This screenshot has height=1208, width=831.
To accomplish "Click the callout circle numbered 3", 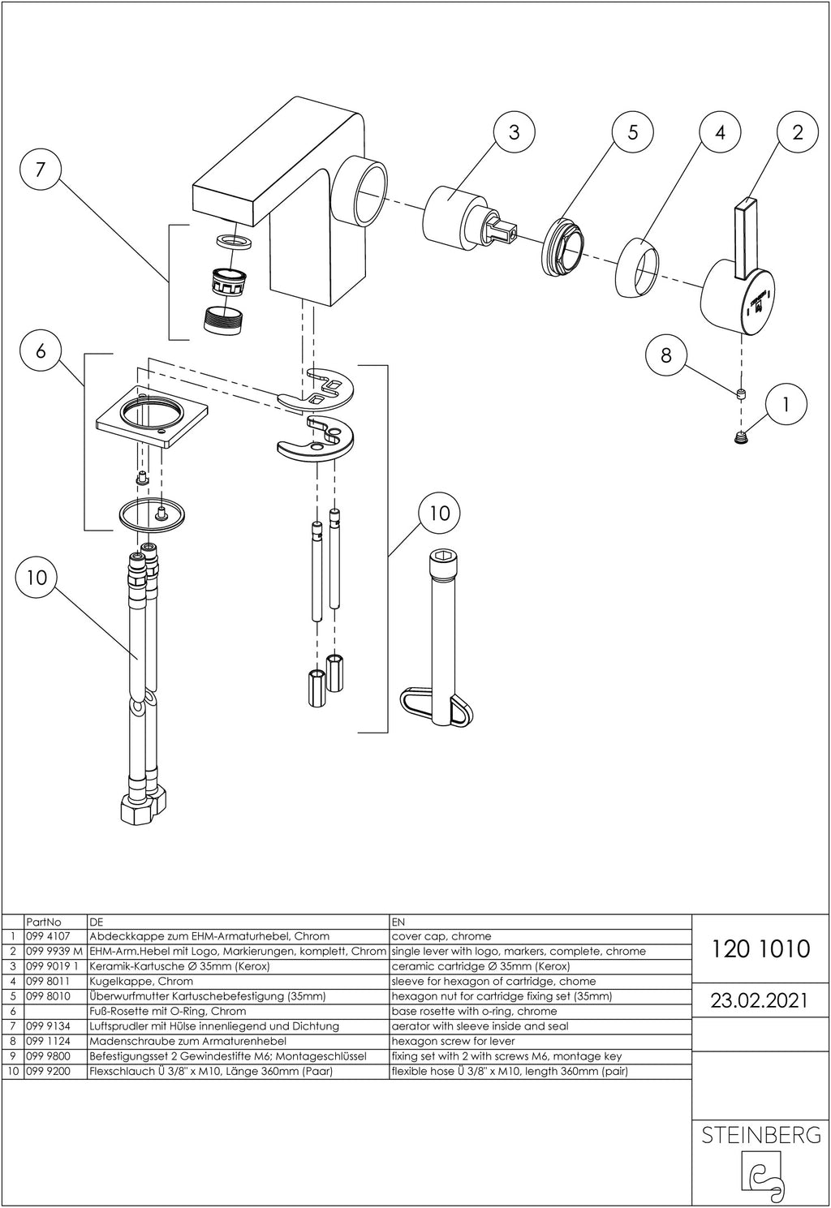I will coord(515,131).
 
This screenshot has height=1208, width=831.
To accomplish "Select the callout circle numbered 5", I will coord(634,131).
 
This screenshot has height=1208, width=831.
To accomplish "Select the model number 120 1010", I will coord(760,948).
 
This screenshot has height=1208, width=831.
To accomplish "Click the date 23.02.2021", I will coord(760,1000).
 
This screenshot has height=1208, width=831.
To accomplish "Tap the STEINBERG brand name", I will coord(760,1135).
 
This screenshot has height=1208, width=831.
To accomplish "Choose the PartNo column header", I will coord(44,922).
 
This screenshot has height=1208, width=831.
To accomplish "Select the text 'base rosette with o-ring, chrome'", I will coord(474,1011).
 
